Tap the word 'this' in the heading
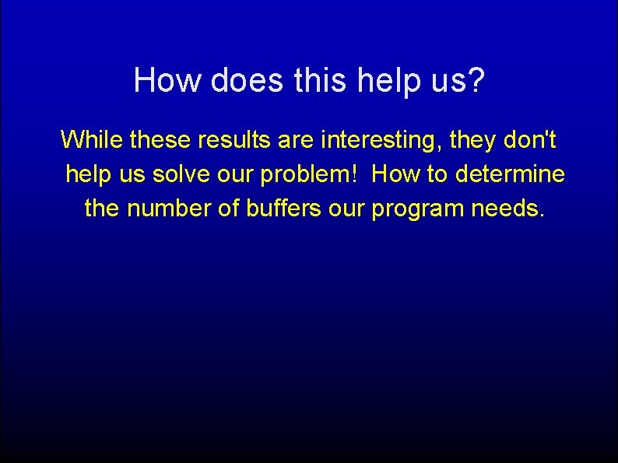316,80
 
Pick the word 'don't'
529,140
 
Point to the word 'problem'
307,175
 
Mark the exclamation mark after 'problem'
355,174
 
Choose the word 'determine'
511,174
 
